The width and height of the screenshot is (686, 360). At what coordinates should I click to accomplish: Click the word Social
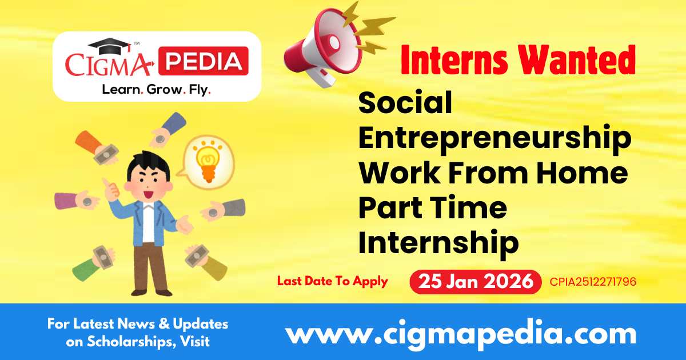tap(405, 103)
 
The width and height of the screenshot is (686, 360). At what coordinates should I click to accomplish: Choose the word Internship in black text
tap(438, 242)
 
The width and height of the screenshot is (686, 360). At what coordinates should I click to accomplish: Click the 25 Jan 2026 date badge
tap(475, 282)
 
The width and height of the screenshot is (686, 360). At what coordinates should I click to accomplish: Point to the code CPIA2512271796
tap(593, 282)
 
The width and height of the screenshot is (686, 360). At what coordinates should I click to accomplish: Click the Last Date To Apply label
tap(332, 281)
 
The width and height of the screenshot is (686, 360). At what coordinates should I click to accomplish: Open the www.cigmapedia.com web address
tap(461, 333)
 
